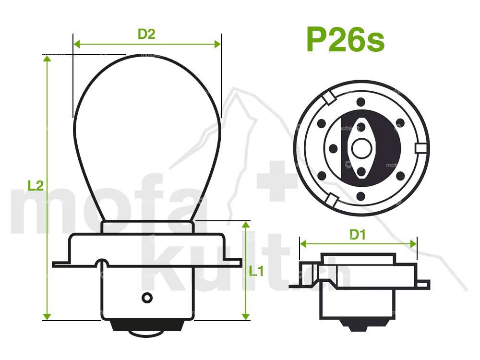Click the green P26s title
[345, 40]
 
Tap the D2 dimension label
[146, 34]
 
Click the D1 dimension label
[358, 235]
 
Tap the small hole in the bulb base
[147, 298]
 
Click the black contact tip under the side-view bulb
[147, 326]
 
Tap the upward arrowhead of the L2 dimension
[47, 59]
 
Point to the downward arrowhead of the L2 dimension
[47, 316]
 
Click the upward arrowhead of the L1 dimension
[246, 225]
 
